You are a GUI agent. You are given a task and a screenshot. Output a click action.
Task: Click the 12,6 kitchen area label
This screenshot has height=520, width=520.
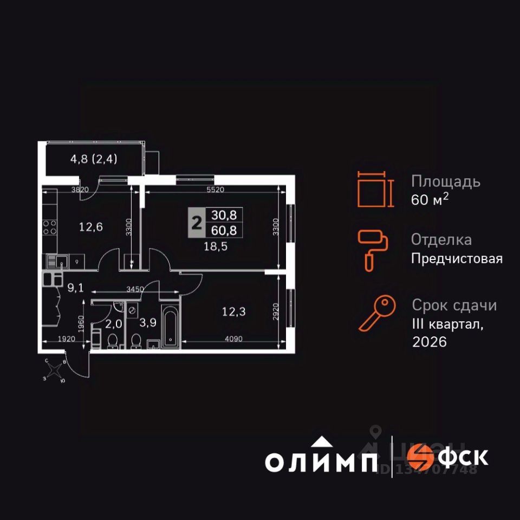pyautogui.click(x=91, y=227)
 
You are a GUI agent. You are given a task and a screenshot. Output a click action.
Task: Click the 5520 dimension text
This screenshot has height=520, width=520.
pyautogui.click(x=215, y=190)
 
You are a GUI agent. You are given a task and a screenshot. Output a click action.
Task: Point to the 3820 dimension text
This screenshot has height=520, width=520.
pyautogui.click(x=80, y=190)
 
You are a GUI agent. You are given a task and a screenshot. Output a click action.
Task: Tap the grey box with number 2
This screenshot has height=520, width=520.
pyautogui.click(x=196, y=223)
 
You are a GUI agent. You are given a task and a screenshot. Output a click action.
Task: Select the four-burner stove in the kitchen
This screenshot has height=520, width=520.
pyautogui.click(x=50, y=227)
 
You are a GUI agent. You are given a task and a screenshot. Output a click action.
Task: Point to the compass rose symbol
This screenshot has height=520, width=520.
pyautogui.click(x=54, y=371)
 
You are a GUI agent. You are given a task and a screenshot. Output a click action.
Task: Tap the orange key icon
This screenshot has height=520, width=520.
pyautogui.click(x=374, y=314)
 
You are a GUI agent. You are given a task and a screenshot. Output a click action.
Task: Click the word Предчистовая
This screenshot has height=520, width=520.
pyautogui.click(x=457, y=259)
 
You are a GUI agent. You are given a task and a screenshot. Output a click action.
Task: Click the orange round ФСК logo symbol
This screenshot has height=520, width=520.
pyautogui.click(x=420, y=457)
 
